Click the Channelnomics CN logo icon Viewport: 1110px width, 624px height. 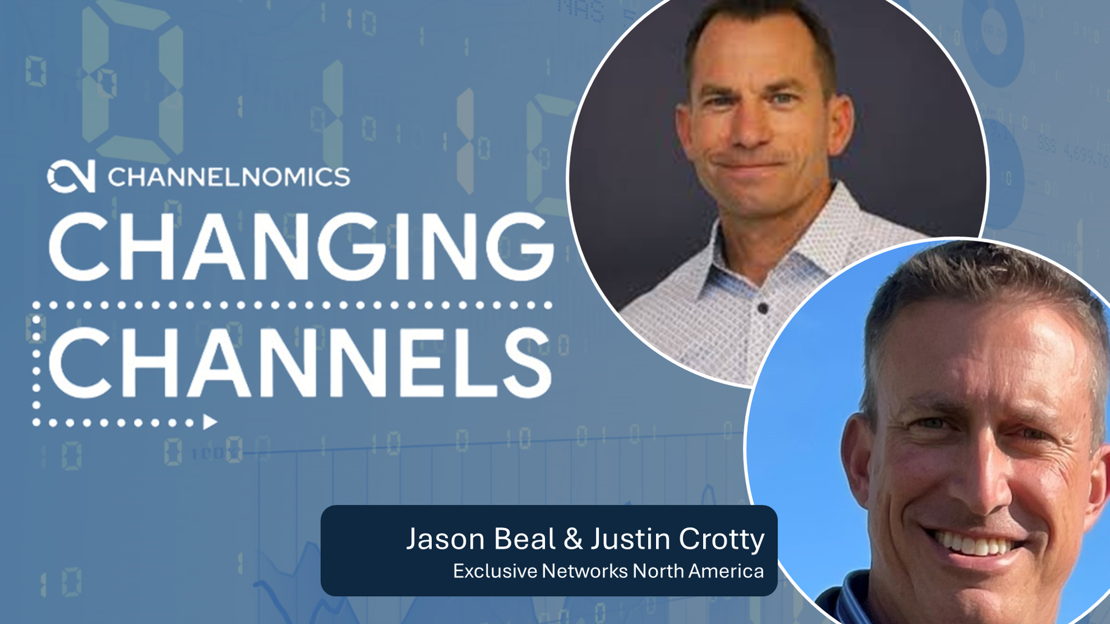[71, 176]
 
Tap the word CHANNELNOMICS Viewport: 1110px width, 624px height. [229, 177]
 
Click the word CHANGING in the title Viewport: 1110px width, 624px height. [302, 246]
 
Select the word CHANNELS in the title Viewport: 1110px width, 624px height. [300, 363]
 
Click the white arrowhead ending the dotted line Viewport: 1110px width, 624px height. [210, 422]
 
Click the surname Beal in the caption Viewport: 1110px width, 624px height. [524, 538]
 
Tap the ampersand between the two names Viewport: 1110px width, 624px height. [573, 539]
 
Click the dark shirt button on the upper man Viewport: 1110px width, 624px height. [763, 308]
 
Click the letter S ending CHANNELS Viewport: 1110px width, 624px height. [527, 363]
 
